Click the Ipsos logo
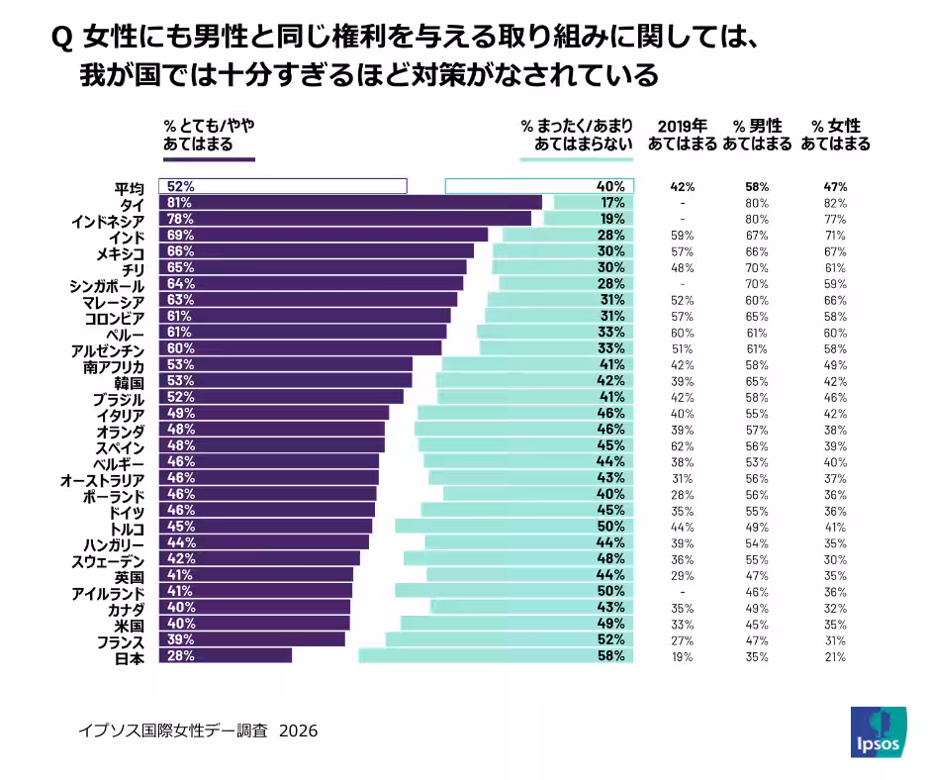point(878,732)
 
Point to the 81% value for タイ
point(180,203)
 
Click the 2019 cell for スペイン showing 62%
point(683,445)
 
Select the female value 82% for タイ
point(836,203)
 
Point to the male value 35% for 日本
point(757,655)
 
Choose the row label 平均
point(129,187)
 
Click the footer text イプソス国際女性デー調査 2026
point(198,731)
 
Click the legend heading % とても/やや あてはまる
point(208,135)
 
